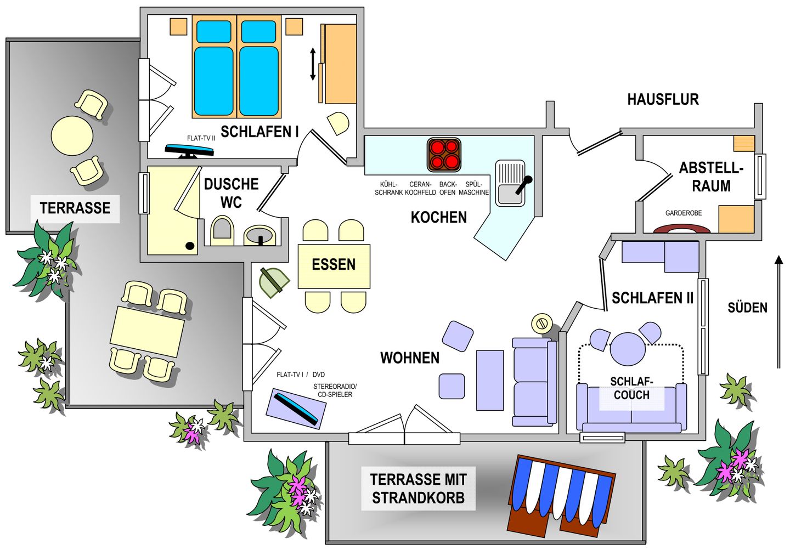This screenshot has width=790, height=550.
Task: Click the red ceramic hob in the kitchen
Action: coord(444,155)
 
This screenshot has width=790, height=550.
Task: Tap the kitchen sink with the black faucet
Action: coord(510,183)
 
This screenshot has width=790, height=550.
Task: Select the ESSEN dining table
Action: coord(334,267)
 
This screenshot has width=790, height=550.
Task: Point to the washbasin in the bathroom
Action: coord(260,235)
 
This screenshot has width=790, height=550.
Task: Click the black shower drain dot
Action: coord(190,246)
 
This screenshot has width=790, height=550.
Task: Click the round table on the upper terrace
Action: coord(72,135)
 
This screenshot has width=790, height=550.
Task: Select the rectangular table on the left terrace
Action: coord(148,331)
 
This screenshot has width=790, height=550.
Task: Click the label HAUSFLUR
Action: coord(663,100)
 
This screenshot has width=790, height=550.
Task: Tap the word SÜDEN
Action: coord(747,308)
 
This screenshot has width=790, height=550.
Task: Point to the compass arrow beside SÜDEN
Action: coord(779,312)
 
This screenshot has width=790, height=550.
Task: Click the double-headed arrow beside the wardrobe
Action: coord(313,64)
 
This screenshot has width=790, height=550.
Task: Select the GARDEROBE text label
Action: coord(684,213)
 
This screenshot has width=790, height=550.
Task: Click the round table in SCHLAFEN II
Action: coord(628,349)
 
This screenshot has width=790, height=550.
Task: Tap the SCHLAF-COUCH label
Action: coord(631,388)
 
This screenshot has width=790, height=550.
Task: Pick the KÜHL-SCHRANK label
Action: coord(388,188)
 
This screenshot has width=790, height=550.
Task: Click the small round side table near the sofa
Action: coord(542,323)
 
